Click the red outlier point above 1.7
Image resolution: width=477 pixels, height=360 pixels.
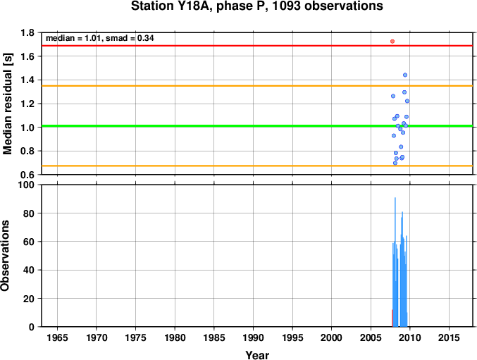(392, 42)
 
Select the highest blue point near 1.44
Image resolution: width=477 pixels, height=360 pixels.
(405, 75)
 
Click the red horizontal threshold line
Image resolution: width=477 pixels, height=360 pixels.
(257, 46)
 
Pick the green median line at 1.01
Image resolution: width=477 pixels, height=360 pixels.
(257, 126)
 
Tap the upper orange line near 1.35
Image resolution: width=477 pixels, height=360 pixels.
(257, 86)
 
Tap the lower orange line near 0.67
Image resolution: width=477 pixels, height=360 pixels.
(257, 166)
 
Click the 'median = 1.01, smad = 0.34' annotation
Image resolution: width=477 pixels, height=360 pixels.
(100, 38)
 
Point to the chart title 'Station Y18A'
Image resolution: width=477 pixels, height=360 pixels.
(171, 6)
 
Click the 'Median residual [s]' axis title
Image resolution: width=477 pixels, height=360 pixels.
(7, 104)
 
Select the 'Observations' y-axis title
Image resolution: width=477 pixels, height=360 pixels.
(5, 256)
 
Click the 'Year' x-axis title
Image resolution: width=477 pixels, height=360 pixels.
(257, 355)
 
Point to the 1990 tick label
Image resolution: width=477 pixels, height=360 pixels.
(253, 337)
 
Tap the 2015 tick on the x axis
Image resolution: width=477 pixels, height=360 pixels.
(449, 337)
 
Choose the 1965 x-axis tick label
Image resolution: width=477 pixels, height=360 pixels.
(57, 337)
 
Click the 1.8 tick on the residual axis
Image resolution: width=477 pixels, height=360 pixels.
(27, 32)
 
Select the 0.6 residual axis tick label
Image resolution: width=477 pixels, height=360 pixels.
(27, 175)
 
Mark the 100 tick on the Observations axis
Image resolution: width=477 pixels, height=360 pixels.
(26, 185)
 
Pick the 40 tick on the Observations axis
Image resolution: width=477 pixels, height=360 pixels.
(29, 270)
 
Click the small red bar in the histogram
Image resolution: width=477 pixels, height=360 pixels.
(392, 318)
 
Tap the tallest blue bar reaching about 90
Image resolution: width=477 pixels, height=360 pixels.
(395, 262)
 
